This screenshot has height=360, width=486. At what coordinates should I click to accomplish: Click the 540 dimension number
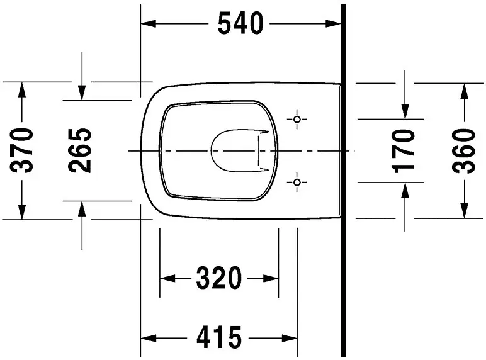pos(240,23)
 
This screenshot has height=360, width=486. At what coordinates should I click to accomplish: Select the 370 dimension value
pos(21,150)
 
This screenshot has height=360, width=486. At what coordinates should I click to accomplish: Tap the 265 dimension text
pos(80,150)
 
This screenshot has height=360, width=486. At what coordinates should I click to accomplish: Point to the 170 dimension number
pos(404,151)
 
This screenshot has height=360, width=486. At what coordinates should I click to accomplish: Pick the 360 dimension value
pos(464,151)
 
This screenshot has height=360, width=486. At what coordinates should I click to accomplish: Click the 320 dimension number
pos(219,278)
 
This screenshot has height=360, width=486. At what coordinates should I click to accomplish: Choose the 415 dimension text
pos(219,337)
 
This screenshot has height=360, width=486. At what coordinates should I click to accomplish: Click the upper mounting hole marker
pos(297,120)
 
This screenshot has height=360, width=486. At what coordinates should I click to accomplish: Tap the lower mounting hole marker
pos(297,182)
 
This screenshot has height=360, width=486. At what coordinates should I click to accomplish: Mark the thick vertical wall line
pos(343,181)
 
